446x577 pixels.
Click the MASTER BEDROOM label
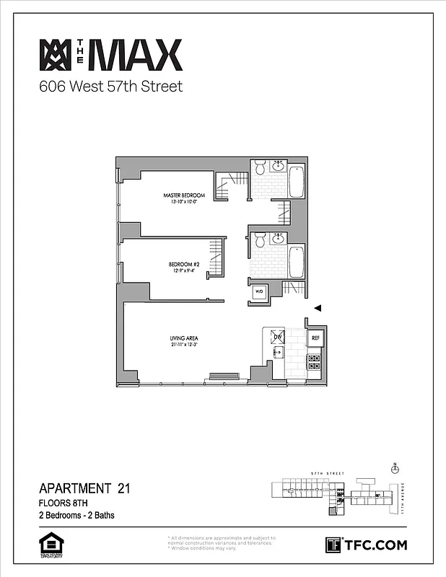pos(184,196)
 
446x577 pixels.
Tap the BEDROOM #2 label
pos(185,265)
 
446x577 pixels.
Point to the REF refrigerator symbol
pos(315,338)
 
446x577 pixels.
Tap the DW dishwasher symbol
pos(277,337)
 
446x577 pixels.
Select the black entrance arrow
pos(316,308)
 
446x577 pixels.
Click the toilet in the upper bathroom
pos(259,169)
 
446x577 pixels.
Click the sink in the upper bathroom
pos(279,167)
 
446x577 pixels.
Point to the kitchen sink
pos(278,353)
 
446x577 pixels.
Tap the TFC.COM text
pos(375,545)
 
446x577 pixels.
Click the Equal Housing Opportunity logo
pos(48,545)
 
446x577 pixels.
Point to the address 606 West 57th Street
pos(110,87)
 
